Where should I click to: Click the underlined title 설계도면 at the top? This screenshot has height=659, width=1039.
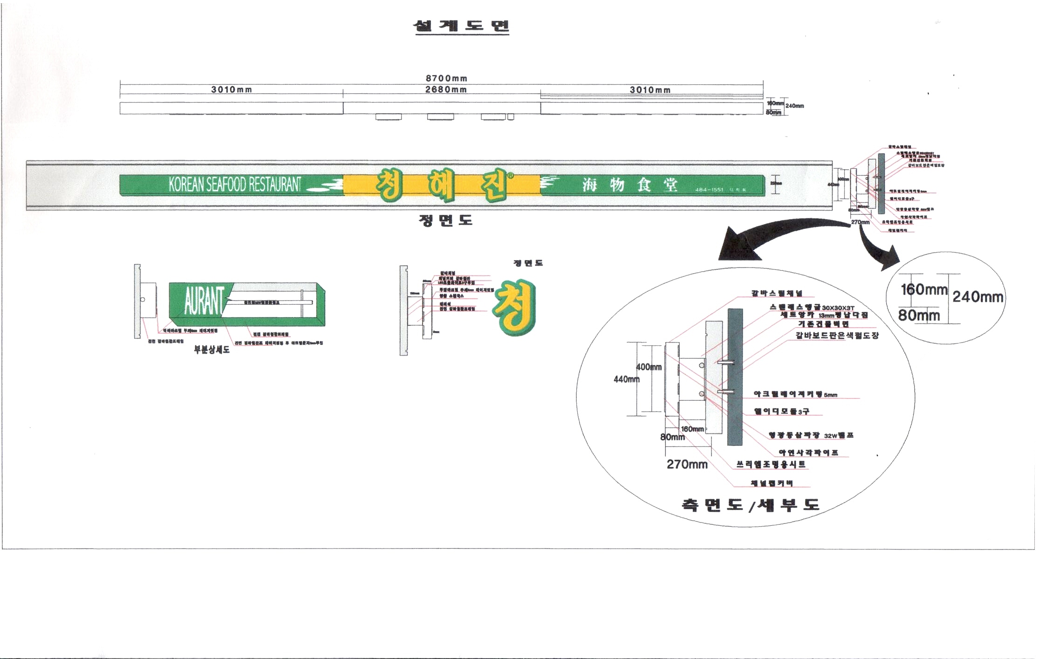point(461,26)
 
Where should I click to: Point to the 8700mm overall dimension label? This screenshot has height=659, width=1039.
point(446,78)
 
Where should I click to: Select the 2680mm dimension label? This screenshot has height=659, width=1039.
point(446,89)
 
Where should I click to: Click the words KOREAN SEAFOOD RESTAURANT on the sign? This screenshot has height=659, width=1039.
point(235,185)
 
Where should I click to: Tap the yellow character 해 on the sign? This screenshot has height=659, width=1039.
point(441,185)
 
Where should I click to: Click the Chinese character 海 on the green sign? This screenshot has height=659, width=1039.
point(590,185)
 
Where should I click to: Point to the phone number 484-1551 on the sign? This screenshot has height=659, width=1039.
point(709,190)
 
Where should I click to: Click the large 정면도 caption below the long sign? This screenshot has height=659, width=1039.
point(446,220)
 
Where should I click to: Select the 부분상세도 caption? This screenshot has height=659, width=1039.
point(212,350)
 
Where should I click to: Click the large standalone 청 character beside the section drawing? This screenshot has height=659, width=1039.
point(514,307)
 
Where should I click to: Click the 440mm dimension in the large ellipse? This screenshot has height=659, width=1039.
point(626,379)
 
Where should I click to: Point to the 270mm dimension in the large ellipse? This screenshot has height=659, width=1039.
point(687,464)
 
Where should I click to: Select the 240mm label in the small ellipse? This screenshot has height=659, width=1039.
point(977,297)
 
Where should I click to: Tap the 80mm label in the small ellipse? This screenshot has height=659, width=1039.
point(919,316)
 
